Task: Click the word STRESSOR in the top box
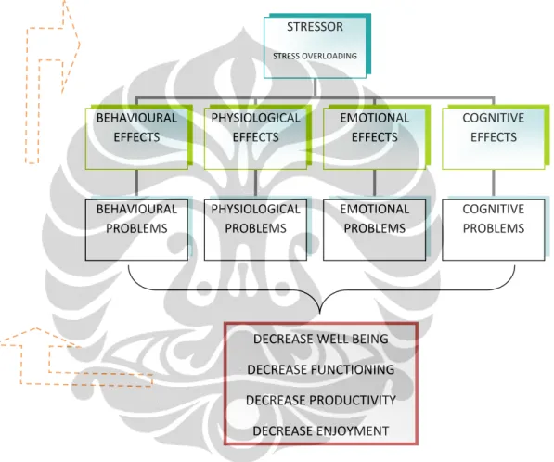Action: click(x=315, y=27)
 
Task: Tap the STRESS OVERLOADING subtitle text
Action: click(x=315, y=56)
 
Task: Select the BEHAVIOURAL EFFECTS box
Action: click(x=136, y=138)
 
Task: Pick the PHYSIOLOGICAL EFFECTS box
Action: click(x=255, y=138)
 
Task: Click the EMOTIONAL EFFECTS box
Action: click(x=375, y=138)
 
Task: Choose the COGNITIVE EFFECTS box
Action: click(x=494, y=138)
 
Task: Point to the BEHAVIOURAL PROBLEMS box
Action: click(x=136, y=230)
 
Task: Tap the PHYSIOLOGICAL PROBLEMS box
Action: click(x=255, y=230)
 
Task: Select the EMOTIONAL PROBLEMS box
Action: click(x=375, y=230)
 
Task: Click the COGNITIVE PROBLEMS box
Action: click(x=494, y=230)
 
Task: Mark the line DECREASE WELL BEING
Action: click(x=321, y=340)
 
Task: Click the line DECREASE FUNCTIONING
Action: click(x=321, y=369)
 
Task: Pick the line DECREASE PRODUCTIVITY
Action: click(x=321, y=400)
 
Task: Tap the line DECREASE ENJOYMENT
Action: click(x=321, y=430)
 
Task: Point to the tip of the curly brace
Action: click(x=320, y=314)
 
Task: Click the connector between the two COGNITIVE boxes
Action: click(x=494, y=185)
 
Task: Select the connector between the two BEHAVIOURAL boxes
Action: click(x=136, y=185)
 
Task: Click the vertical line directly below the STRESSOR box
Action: click(x=315, y=87)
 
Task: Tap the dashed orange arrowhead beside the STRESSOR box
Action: click(x=71, y=45)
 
